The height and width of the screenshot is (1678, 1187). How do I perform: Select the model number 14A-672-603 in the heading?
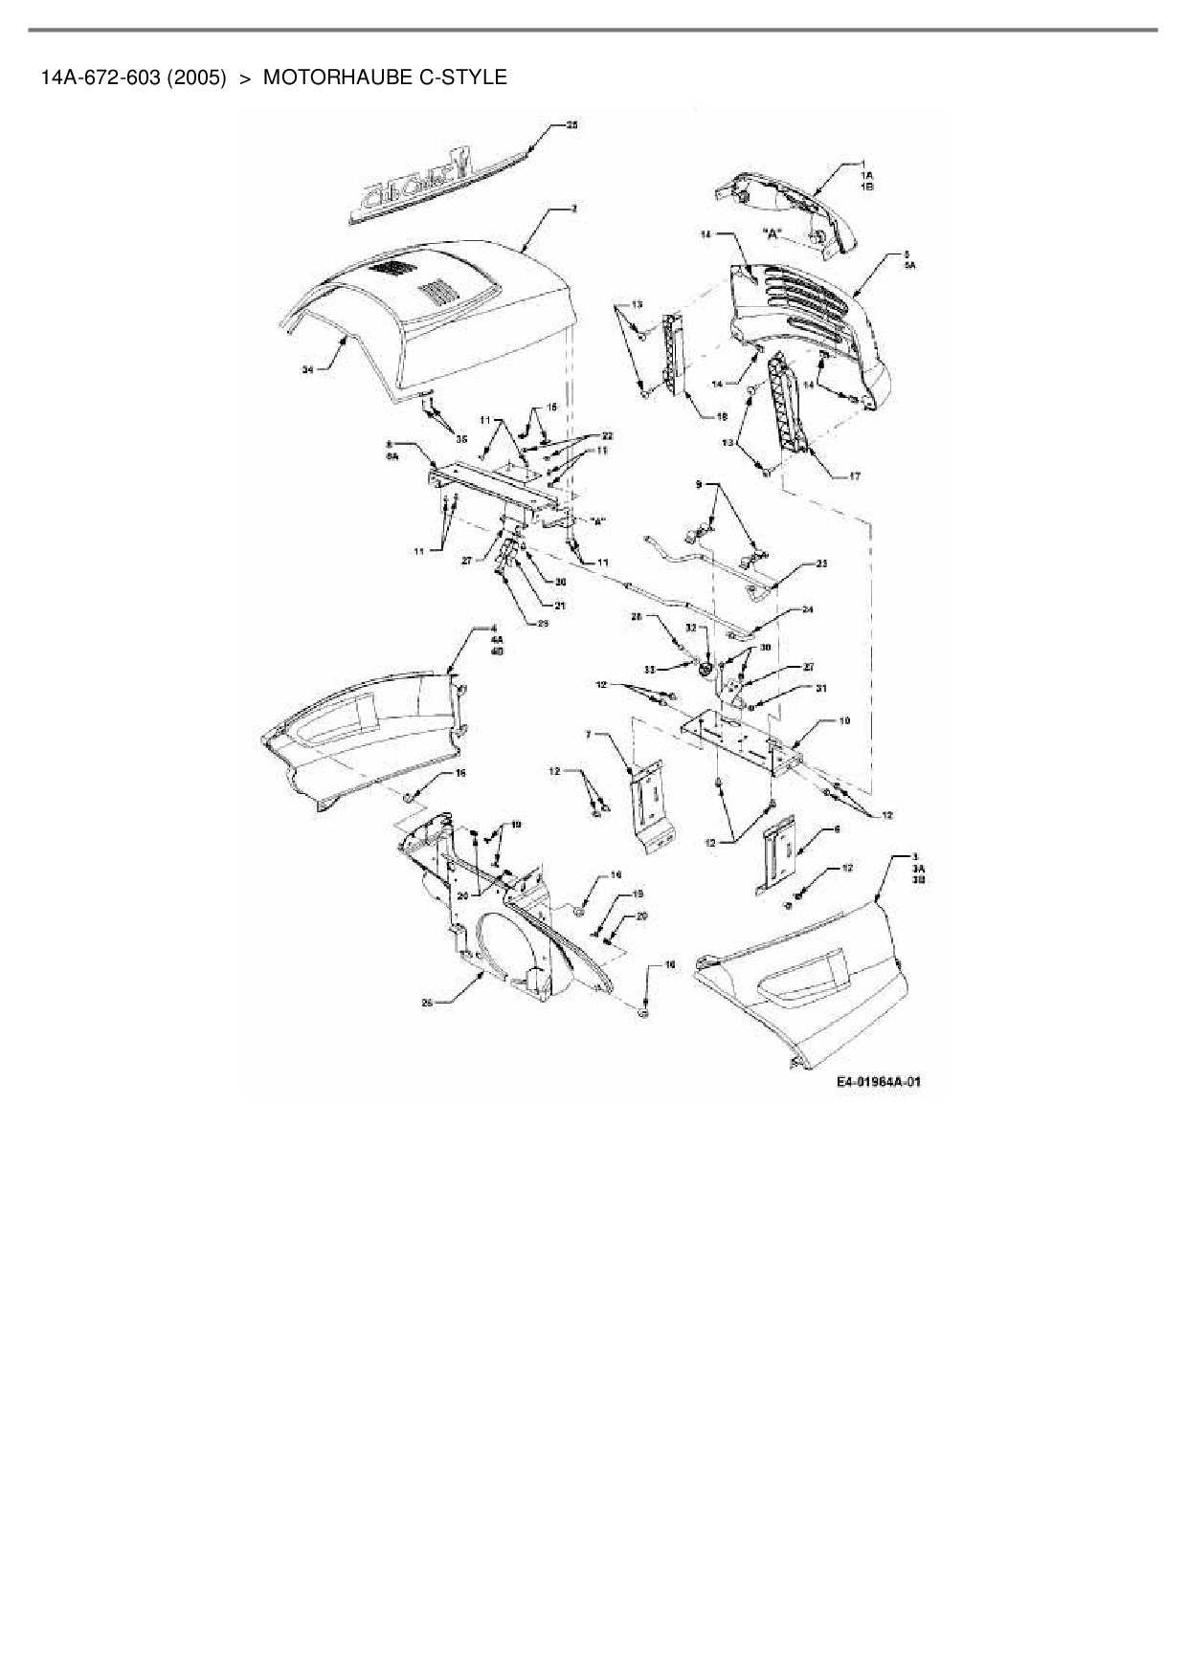click(x=100, y=77)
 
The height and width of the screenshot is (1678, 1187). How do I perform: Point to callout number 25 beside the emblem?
click(x=572, y=125)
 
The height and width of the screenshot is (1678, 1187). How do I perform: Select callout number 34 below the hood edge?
click(x=308, y=369)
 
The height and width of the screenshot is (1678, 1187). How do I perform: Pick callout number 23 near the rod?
click(x=821, y=563)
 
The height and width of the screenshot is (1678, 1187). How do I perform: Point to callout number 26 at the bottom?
click(x=427, y=1003)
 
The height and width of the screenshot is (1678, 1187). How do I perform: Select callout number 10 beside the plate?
click(x=844, y=721)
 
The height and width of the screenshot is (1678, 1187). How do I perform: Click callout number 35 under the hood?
click(x=461, y=439)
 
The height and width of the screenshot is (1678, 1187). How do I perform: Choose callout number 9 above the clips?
click(x=700, y=485)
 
